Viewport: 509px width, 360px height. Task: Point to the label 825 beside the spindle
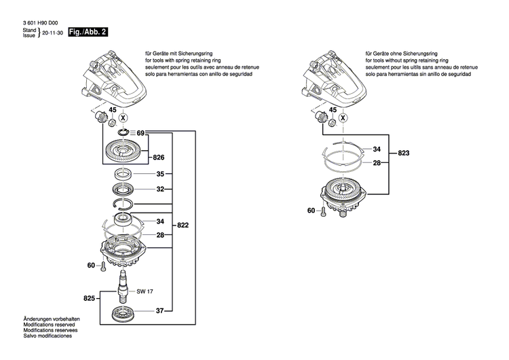point(90,298)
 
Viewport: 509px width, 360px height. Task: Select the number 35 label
point(160,175)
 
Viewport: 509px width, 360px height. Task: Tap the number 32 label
point(160,190)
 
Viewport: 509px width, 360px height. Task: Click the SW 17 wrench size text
point(145,292)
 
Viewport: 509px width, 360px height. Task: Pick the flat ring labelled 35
point(123,175)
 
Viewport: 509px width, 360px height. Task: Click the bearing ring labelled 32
point(123,190)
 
